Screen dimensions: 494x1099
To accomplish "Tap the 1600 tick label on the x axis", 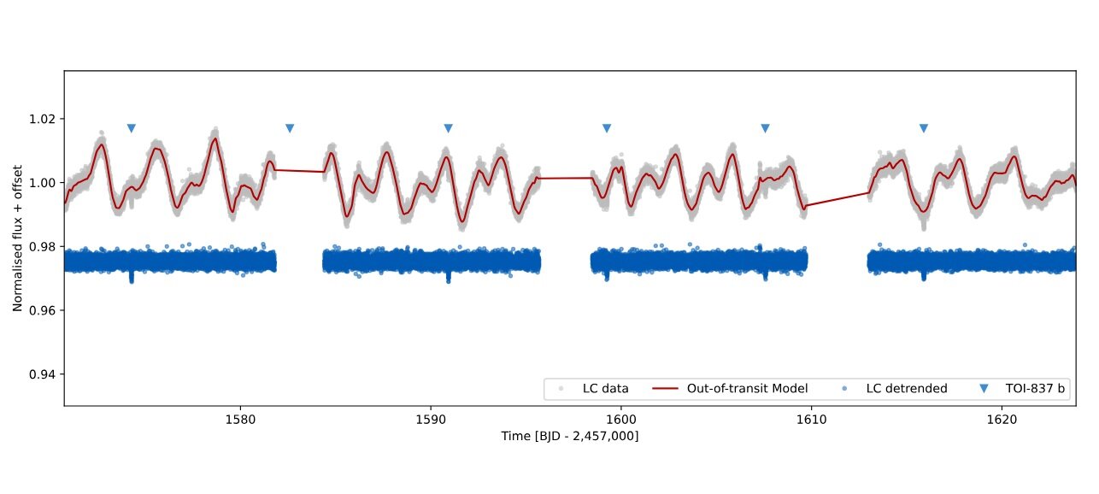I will [620, 420].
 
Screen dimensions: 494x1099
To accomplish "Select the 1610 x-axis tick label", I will [810, 420].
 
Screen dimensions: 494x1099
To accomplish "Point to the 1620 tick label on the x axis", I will [1001, 420].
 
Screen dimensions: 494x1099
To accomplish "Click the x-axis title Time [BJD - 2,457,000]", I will [570, 436].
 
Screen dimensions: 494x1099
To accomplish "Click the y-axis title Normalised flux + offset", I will [18, 238].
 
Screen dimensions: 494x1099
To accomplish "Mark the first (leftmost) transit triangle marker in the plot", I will [132, 128].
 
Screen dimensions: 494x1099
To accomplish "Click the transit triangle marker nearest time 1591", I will [448, 128].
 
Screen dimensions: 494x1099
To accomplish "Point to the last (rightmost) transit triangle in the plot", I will [924, 128].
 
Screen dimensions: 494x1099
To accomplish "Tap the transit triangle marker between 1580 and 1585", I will [290, 128].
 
